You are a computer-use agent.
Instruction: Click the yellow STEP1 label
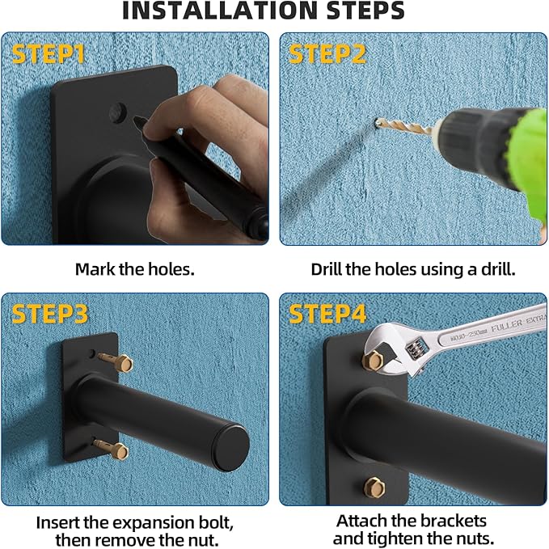tap(49, 54)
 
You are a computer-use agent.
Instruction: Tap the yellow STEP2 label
tap(327, 54)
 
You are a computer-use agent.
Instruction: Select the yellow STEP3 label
tap(49, 314)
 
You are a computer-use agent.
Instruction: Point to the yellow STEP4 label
tap(327, 314)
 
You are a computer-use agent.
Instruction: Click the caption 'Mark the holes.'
tap(135, 269)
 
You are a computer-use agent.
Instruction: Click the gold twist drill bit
tap(404, 126)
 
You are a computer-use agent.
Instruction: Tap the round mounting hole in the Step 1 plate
tap(117, 112)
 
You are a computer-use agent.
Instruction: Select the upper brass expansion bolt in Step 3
tap(116, 361)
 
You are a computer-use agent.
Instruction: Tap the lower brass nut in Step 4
tap(374, 487)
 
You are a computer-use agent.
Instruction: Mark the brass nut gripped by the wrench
tap(374, 360)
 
